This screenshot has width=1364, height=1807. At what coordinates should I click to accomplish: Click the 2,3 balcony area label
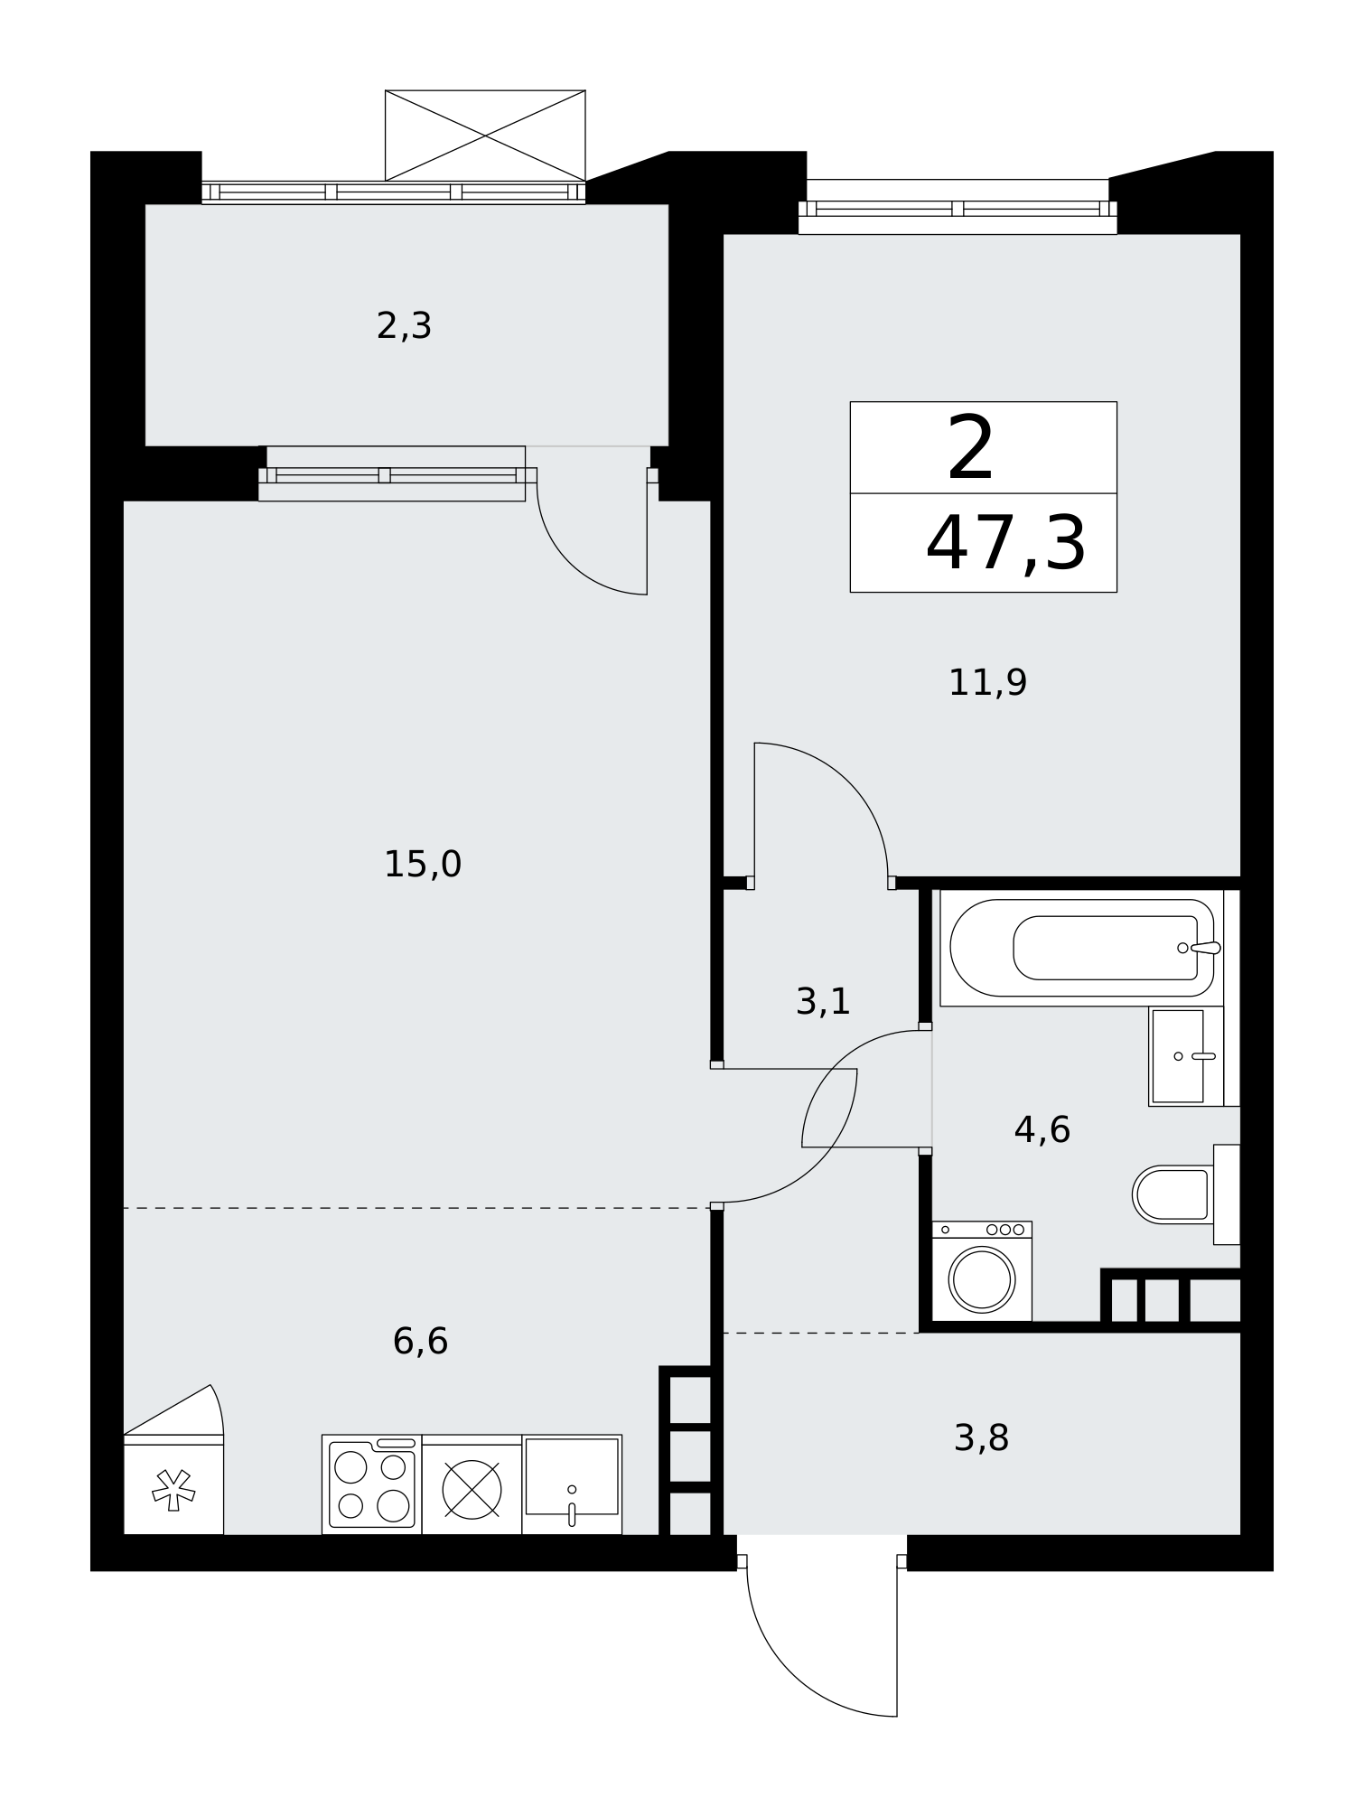(x=404, y=326)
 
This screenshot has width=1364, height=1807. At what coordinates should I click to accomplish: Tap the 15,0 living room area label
(x=423, y=865)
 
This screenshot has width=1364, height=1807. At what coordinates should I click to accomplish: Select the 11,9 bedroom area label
(x=987, y=682)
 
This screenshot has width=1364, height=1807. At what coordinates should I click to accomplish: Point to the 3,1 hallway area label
(x=823, y=1001)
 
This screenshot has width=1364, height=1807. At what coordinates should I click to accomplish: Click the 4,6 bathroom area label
(x=1042, y=1129)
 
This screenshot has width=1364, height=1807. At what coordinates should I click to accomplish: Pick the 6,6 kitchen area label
(x=420, y=1341)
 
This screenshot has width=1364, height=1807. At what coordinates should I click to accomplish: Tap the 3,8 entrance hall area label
(x=981, y=1438)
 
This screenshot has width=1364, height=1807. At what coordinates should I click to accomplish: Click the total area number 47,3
(x=1005, y=544)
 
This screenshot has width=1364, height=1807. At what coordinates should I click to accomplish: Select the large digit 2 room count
(x=971, y=448)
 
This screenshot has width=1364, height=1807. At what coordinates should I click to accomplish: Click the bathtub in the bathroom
(x=1081, y=948)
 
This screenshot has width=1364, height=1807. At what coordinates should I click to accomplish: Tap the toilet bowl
(x=1172, y=1194)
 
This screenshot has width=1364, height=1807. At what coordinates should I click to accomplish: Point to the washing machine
(x=982, y=1271)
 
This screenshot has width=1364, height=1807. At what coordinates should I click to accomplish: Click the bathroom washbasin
(x=1185, y=1056)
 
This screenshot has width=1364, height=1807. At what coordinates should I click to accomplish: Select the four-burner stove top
(x=371, y=1485)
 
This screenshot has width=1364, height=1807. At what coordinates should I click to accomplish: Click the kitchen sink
(x=572, y=1484)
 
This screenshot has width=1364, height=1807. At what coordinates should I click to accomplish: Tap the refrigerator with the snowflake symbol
(x=173, y=1484)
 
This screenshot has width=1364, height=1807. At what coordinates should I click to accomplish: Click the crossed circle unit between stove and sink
(x=472, y=1490)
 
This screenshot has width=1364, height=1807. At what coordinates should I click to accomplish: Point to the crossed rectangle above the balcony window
(x=485, y=136)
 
